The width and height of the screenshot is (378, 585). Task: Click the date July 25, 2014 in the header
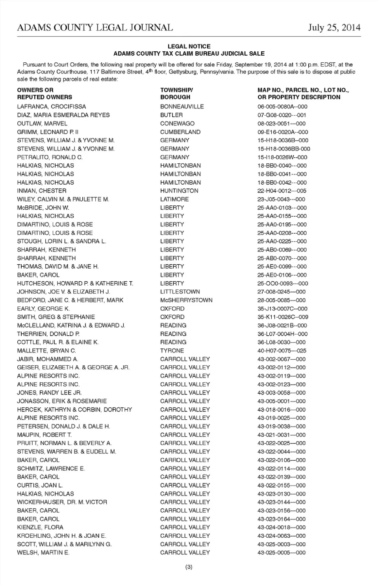(334, 28)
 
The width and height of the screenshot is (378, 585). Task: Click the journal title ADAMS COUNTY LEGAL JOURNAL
(95, 28)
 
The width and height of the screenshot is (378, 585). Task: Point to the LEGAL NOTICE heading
(189, 47)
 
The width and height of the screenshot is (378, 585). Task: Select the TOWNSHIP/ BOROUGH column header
(176, 93)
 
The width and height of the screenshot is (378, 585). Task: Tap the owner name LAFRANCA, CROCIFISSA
(51, 107)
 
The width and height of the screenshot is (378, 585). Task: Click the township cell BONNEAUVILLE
(182, 107)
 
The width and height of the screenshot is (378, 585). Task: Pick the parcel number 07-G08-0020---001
(282, 115)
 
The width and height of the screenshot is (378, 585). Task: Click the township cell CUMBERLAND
(180, 132)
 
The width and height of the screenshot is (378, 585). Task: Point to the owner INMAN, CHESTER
(41, 191)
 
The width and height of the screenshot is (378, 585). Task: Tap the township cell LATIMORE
(174, 199)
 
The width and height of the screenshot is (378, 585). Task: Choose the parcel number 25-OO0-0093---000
(283, 284)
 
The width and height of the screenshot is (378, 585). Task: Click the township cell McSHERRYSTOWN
(186, 300)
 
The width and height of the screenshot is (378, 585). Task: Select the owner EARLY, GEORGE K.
(43, 308)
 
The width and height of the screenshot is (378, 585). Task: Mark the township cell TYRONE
(172, 351)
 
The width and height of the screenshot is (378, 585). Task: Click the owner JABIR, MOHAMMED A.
(48, 359)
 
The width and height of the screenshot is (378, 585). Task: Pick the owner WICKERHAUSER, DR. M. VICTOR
(62, 502)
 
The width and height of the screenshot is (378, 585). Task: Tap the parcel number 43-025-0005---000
(281, 553)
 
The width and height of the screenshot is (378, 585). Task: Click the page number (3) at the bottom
(189, 567)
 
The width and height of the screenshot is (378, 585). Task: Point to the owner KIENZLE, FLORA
(40, 527)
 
